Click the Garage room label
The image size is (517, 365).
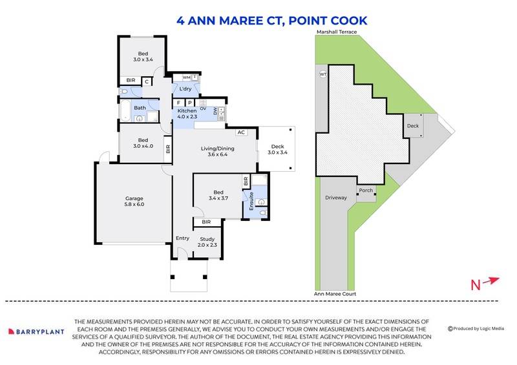134,198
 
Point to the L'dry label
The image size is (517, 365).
185,89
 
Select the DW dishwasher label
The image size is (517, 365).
215,110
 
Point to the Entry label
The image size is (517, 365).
183,238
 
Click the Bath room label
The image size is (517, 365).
140,108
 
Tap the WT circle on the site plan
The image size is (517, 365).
323,74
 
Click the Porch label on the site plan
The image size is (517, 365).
366,191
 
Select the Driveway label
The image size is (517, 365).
336,197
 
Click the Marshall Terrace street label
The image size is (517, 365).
337,31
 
